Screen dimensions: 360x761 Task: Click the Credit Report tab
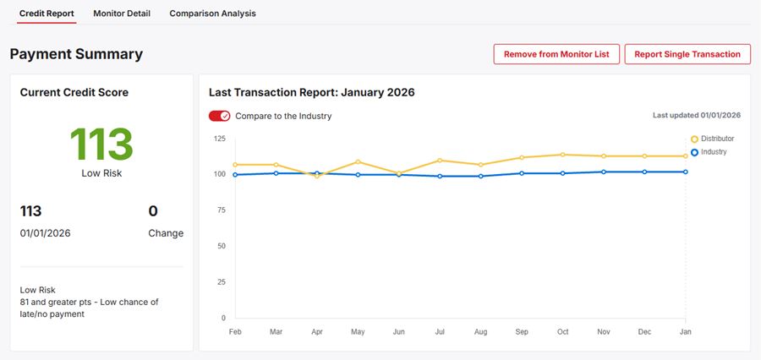[x=47, y=14]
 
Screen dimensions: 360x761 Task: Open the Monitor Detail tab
[x=122, y=14]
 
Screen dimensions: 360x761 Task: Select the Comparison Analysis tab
[x=212, y=14]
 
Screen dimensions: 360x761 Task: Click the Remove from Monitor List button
[x=556, y=54]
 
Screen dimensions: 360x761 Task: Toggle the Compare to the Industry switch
[x=219, y=116]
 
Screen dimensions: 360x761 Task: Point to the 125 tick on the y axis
[x=219, y=138]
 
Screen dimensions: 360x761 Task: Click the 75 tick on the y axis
[x=221, y=210]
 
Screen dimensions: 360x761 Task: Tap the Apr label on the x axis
[x=317, y=332]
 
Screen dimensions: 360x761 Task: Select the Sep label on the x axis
[x=522, y=332]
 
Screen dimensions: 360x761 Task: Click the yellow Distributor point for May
[x=358, y=161]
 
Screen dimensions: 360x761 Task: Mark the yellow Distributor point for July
[x=440, y=160]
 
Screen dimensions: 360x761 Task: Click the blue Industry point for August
[x=481, y=176]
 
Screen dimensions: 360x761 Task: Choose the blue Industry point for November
[x=604, y=172]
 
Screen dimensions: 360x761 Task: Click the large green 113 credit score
[x=101, y=145]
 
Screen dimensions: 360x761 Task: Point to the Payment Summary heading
[x=76, y=54]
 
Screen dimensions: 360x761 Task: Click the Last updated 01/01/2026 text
[x=696, y=116]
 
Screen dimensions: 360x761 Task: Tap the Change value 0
[x=153, y=211]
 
